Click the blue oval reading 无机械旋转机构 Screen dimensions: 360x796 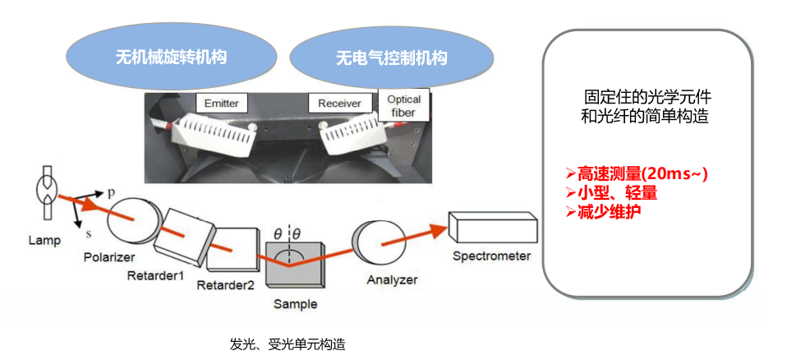click(x=171, y=58)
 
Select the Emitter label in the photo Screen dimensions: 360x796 click(x=222, y=104)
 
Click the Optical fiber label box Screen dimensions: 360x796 click(x=403, y=105)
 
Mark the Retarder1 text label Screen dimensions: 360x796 click(x=155, y=275)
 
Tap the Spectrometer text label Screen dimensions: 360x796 click(x=491, y=256)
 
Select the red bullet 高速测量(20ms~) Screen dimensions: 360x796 click(x=637, y=174)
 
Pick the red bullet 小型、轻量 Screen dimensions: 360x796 click(x=611, y=193)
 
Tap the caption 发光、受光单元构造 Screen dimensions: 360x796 click(x=288, y=344)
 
